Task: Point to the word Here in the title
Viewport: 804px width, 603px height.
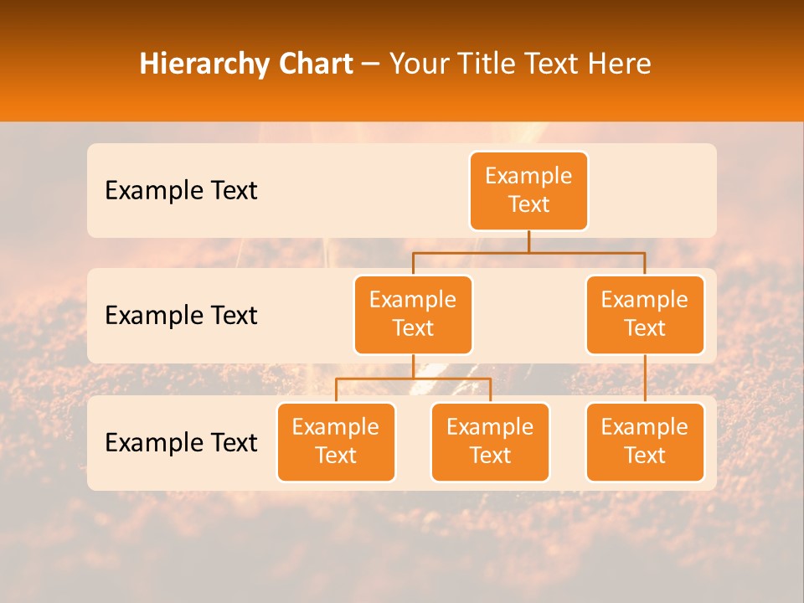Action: [x=618, y=64]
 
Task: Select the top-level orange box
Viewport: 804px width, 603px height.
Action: [x=528, y=190]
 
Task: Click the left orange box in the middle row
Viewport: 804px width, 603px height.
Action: [x=413, y=314]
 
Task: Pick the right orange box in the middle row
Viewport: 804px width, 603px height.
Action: [x=645, y=314]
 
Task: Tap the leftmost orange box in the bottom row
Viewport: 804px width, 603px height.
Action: [x=336, y=441]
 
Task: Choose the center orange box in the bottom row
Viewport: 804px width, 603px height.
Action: [x=490, y=441]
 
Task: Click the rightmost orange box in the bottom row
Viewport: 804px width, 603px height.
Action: [x=645, y=441]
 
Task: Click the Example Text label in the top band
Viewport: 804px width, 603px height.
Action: [x=181, y=191]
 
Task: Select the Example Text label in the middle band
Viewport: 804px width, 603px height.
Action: [x=181, y=315]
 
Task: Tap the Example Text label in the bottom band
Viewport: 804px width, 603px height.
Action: [x=181, y=442]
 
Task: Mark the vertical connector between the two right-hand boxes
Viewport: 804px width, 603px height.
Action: [x=645, y=379]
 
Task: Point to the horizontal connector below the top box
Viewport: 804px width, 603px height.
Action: [x=528, y=252]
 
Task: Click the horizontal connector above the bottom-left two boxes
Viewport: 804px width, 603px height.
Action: [x=413, y=379]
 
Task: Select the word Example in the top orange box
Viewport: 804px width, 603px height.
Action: [x=528, y=176]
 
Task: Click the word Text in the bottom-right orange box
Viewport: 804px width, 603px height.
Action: [x=645, y=456]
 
